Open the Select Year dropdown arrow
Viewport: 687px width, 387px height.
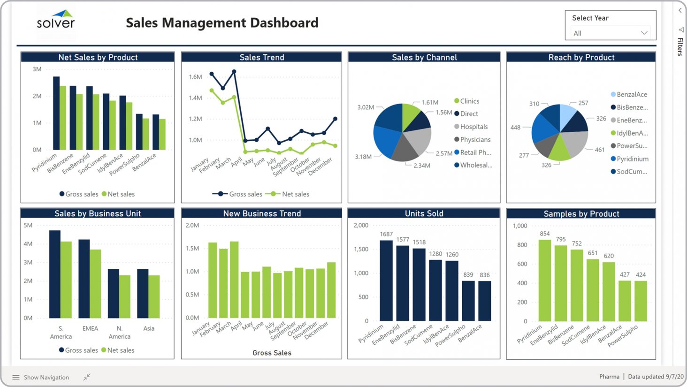point(644,33)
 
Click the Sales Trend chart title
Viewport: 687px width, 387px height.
point(261,57)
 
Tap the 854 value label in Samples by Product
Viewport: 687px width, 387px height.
point(544,234)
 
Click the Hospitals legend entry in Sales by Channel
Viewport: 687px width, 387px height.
point(473,127)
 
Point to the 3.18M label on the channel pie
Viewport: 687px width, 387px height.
point(363,157)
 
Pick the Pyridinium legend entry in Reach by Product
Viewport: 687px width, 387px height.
point(632,159)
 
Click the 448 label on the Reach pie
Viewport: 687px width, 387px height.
point(515,128)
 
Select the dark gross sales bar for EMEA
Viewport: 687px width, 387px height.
point(84,279)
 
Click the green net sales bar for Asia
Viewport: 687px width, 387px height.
point(154,296)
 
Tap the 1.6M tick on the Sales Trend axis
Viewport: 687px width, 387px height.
point(195,77)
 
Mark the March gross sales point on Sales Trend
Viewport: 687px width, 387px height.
point(234,72)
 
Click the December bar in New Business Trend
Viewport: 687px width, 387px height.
point(331,290)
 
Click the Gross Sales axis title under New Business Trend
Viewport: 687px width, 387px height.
point(272,353)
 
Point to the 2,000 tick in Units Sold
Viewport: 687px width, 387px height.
point(361,226)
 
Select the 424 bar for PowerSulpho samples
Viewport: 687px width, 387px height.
point(641,301)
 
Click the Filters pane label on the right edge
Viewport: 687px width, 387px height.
point(680,46)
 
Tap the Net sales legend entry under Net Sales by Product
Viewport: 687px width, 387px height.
point(121,194)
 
